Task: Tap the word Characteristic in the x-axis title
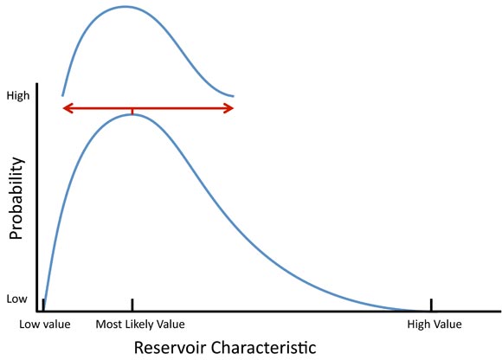267,346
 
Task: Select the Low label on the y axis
17,299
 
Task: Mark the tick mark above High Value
430,304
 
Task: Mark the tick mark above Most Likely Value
132,304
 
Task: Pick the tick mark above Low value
42,304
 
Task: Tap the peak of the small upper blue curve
125,7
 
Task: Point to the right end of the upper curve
233,95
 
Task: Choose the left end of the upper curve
62,94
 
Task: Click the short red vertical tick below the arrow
132,112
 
